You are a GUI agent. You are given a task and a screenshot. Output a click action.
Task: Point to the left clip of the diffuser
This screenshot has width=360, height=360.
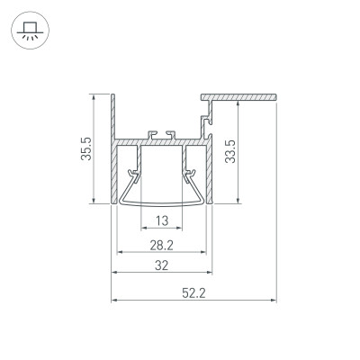point(134,171)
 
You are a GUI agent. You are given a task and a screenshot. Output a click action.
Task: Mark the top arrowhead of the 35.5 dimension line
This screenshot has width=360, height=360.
point(94,96)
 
